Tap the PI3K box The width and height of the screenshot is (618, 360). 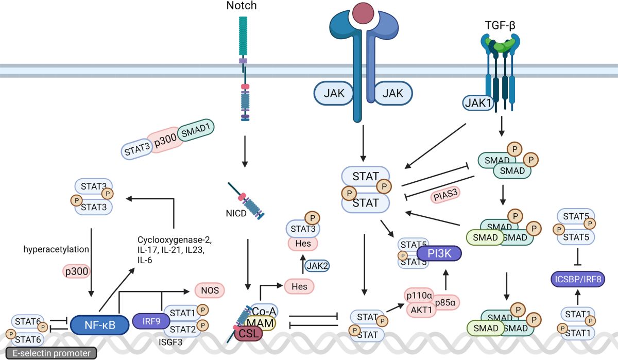tap(439, 253)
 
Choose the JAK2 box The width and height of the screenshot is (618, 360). tap(317, 266)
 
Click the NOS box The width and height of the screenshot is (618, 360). tap(209, 290)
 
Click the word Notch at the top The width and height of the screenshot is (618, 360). tap(241, 6)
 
